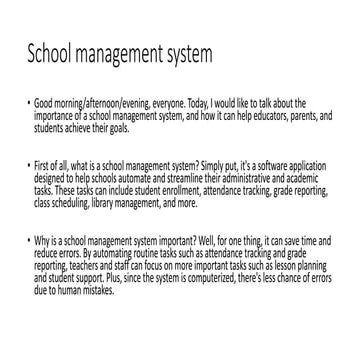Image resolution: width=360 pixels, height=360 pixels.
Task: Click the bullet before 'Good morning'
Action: coord(25,104)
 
